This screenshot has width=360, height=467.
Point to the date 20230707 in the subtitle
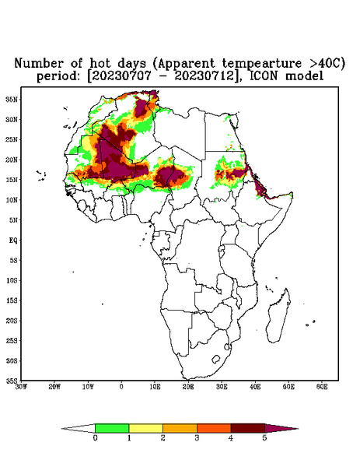pyautogui.click(x=121, y=75)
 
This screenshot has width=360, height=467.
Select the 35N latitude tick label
pyautogui.click(x=12, y=99)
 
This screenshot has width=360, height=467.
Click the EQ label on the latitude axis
pyautogui.click(x=13, y=240)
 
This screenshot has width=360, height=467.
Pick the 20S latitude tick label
pyautogui.click(x=12, y=321)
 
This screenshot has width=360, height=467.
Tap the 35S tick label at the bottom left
pyautogui.click(x=12, y=381)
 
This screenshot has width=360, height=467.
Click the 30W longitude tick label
pyautogui.click(x=21, y=387)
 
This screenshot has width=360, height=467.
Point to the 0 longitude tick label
pyautogui.click(x=121, y=387)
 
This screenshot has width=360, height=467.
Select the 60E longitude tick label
pyautogui.click(x=322, y=387)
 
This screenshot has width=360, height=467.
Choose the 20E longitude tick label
pyautogui.click(x=188, y=387)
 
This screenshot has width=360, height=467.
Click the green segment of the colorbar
pyautogui.click(x=112, y=428)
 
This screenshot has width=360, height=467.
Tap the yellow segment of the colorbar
pyautogui.click(x=145, y=428)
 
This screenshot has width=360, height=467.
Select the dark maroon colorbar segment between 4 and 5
pyautogui.click(x=248, y=428)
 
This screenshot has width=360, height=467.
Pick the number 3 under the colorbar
pyautogui.click(x=197, y=438)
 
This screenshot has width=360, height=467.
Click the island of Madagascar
pyautogui.click(x=278, y=316)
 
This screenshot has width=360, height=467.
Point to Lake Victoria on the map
pyautogui.click(x=222, y=249)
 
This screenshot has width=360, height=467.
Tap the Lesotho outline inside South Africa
pyautogui.click(x=216, y=359)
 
